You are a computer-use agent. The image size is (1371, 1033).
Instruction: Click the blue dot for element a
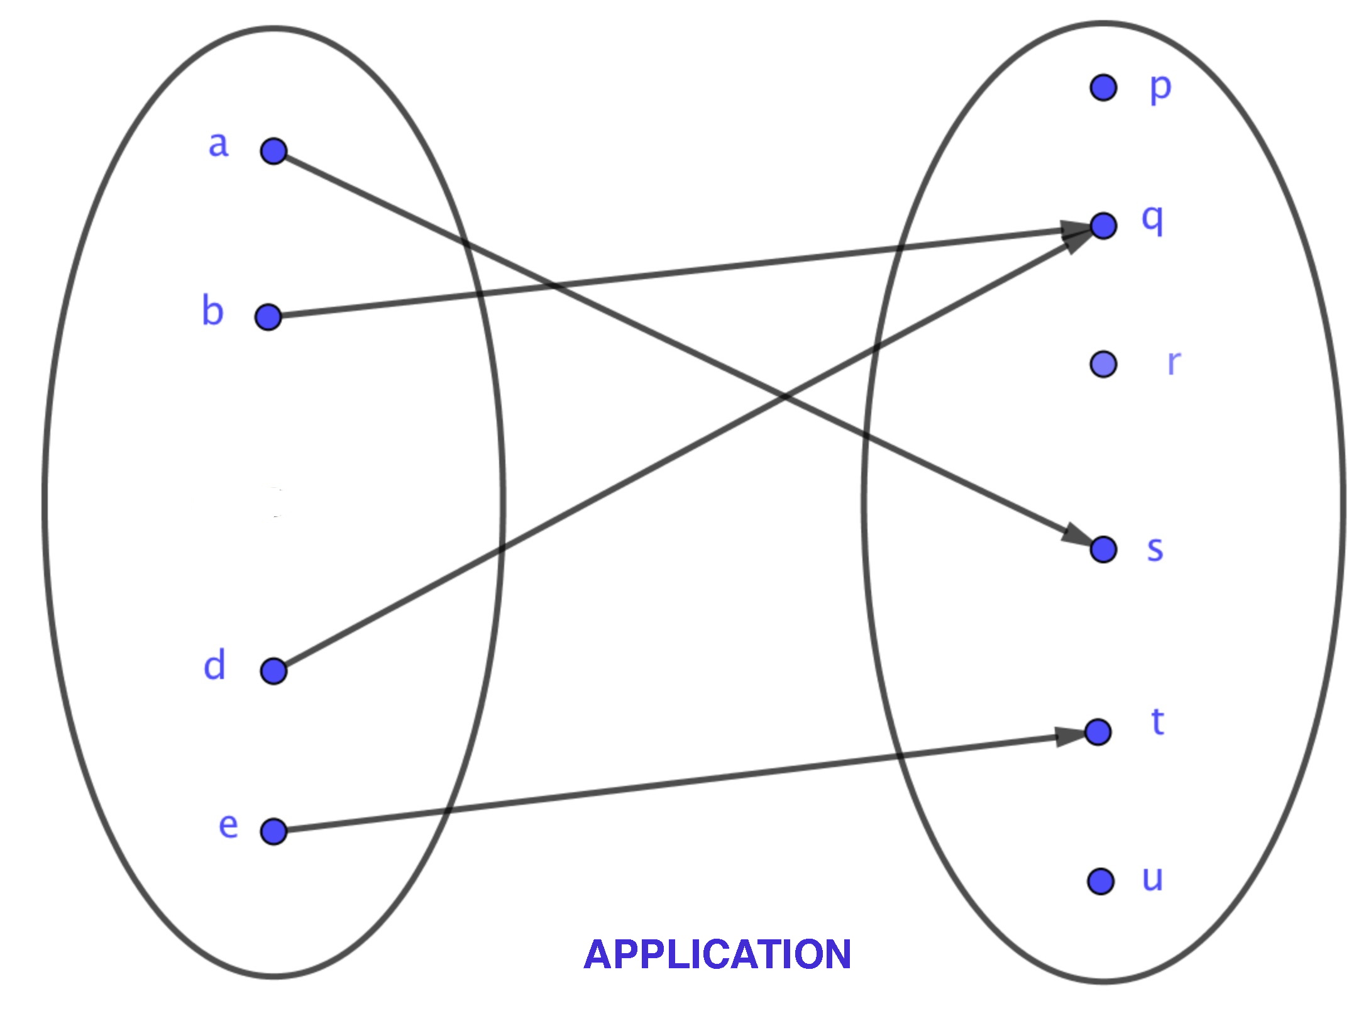point(273,152)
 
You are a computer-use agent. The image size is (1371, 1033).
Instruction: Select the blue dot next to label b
point(268,316)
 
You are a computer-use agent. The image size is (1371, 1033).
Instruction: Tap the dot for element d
point(273,671)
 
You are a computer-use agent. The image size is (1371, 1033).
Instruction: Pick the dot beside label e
point(273,831)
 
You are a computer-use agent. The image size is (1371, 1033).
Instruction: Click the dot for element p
point(1103,87)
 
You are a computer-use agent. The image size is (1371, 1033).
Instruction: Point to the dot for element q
point(1103,226)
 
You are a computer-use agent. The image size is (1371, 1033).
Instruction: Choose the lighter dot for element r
point(1103,364)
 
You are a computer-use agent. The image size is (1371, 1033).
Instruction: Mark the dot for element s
point(1103,549)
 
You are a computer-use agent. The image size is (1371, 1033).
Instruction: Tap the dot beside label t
point(1098,732)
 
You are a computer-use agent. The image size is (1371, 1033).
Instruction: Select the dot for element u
point(1101,881)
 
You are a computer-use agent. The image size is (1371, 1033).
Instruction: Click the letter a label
point(218,145)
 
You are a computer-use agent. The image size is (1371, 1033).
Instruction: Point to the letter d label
point(214,665)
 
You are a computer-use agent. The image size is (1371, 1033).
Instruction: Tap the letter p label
point(1160,88)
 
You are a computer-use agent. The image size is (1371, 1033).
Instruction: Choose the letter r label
point(1174,363)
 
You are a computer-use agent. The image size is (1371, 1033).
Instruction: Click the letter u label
point(1152,878)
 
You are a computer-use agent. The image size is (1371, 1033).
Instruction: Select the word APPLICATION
point(717,954)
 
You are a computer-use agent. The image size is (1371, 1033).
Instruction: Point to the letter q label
point(1153,220)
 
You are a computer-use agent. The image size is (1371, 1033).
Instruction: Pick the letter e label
point(228,825)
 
